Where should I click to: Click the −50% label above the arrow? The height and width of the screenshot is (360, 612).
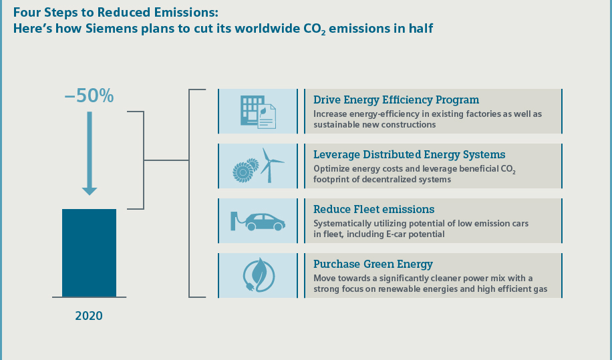point(89,96)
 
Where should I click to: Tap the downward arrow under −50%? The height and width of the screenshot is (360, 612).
point(90,154)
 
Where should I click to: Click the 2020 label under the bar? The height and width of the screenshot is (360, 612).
point(89,315)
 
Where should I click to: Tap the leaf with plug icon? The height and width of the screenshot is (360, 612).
point(257,275)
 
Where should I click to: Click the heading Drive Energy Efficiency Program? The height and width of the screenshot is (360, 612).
point(396,100)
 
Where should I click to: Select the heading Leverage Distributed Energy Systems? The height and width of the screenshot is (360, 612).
point(410,155)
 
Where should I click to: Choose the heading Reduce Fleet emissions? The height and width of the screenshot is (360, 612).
point(374,210)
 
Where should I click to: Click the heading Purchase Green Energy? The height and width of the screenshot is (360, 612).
point(373,264)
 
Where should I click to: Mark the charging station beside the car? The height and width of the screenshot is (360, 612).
point(234,220)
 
